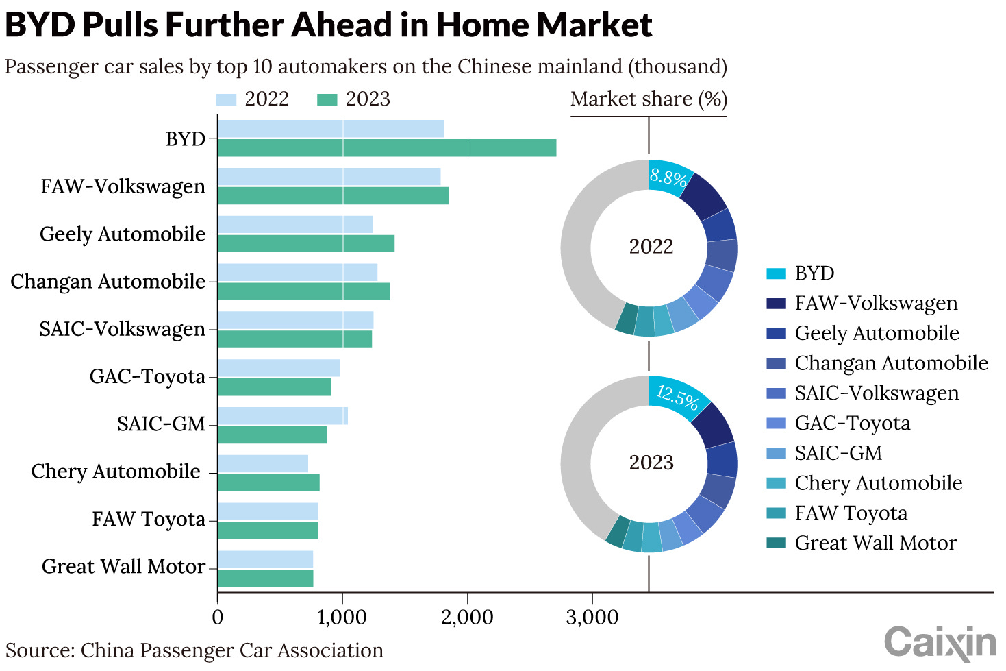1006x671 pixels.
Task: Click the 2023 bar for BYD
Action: [387, 148]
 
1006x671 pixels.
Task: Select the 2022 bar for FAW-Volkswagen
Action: [329, 177]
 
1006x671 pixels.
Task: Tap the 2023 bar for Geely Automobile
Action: [306, 243]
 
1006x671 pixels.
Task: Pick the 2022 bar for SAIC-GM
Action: [282, 416]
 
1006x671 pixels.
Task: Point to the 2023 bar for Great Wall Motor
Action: [266, 578]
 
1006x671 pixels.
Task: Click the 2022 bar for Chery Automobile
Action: [263, 463]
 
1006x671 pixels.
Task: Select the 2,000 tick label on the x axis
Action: [467, 617]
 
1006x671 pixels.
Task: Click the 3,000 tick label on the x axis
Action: [592, 617]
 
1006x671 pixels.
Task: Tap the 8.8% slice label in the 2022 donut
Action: [668, 178]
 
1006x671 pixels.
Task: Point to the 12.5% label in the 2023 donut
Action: [677, 396]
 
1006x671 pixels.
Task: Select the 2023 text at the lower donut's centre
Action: [651, 463]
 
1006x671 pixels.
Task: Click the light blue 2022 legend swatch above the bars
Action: [226, 99]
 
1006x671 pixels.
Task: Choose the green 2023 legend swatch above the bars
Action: [327, 99]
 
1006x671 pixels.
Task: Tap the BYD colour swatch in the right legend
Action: [776, 273]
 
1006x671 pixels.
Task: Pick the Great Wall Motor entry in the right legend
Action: [875, 543]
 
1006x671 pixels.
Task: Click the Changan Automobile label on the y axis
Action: [108, 282]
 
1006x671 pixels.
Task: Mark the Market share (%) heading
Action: [649, 99]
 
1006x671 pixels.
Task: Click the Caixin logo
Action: [940, 643]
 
